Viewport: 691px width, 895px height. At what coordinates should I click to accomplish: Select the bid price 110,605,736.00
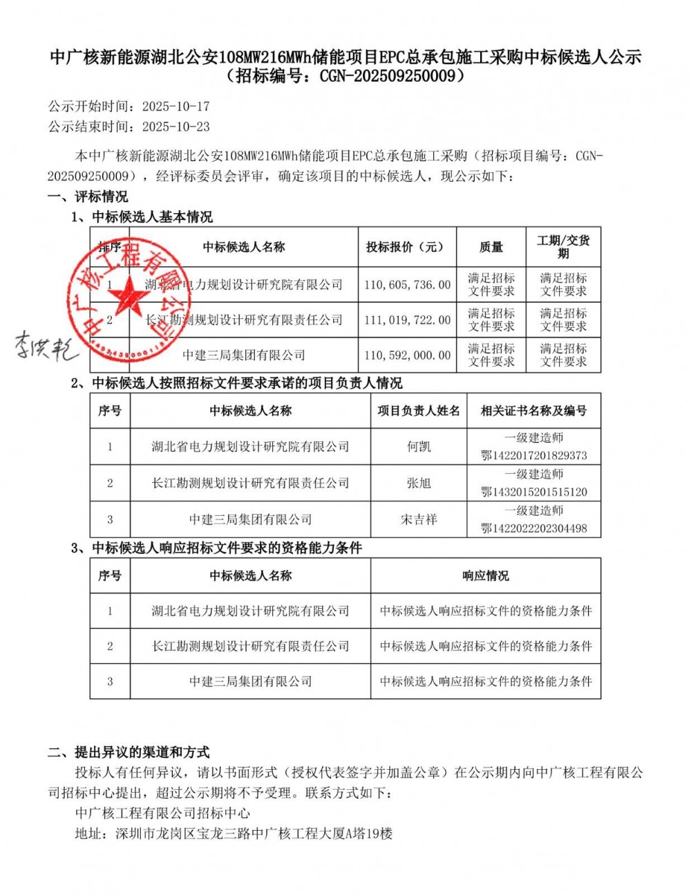click(407, 284)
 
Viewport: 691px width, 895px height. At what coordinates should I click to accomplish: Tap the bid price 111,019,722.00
click(407, 320)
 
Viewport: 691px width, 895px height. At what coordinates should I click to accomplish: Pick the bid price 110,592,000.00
click(407, 355)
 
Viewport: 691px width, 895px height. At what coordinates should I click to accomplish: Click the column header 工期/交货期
click(563, 247)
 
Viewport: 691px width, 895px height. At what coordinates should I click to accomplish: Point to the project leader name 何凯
click(419, 447)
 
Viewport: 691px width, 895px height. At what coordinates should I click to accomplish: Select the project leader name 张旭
click(419, 483)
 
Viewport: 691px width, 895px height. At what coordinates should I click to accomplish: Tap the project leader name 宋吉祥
click(419, 519)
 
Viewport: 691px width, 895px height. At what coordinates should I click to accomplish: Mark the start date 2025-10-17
click(176, 107)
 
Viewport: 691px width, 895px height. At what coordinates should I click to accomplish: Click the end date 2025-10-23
click(176, 127)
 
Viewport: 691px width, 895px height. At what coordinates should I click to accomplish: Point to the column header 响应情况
click(485, 576)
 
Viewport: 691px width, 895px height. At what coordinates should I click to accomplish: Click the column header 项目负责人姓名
click(419, 411)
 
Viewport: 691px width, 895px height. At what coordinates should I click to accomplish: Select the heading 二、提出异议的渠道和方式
click(129, 753)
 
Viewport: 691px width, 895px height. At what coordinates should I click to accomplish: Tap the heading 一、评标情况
click(88, 196)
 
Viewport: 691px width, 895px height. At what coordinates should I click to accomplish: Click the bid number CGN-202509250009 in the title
click(383, 76)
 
